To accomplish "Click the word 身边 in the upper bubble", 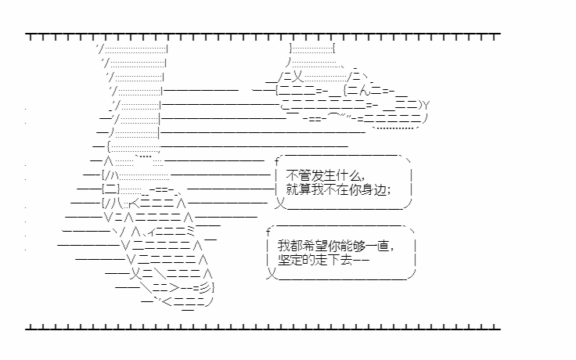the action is (375, 189).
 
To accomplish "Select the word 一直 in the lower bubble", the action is (378, 246).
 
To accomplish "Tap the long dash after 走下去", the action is (361, 261).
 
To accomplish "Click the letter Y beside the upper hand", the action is (426, 106).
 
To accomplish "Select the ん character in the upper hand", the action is (364, 90).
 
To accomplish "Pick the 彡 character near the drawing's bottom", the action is (206, 287).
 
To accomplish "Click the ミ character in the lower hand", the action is (190, 231).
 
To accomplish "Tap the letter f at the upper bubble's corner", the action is (277, 161).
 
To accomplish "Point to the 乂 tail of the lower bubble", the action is (271, 273).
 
